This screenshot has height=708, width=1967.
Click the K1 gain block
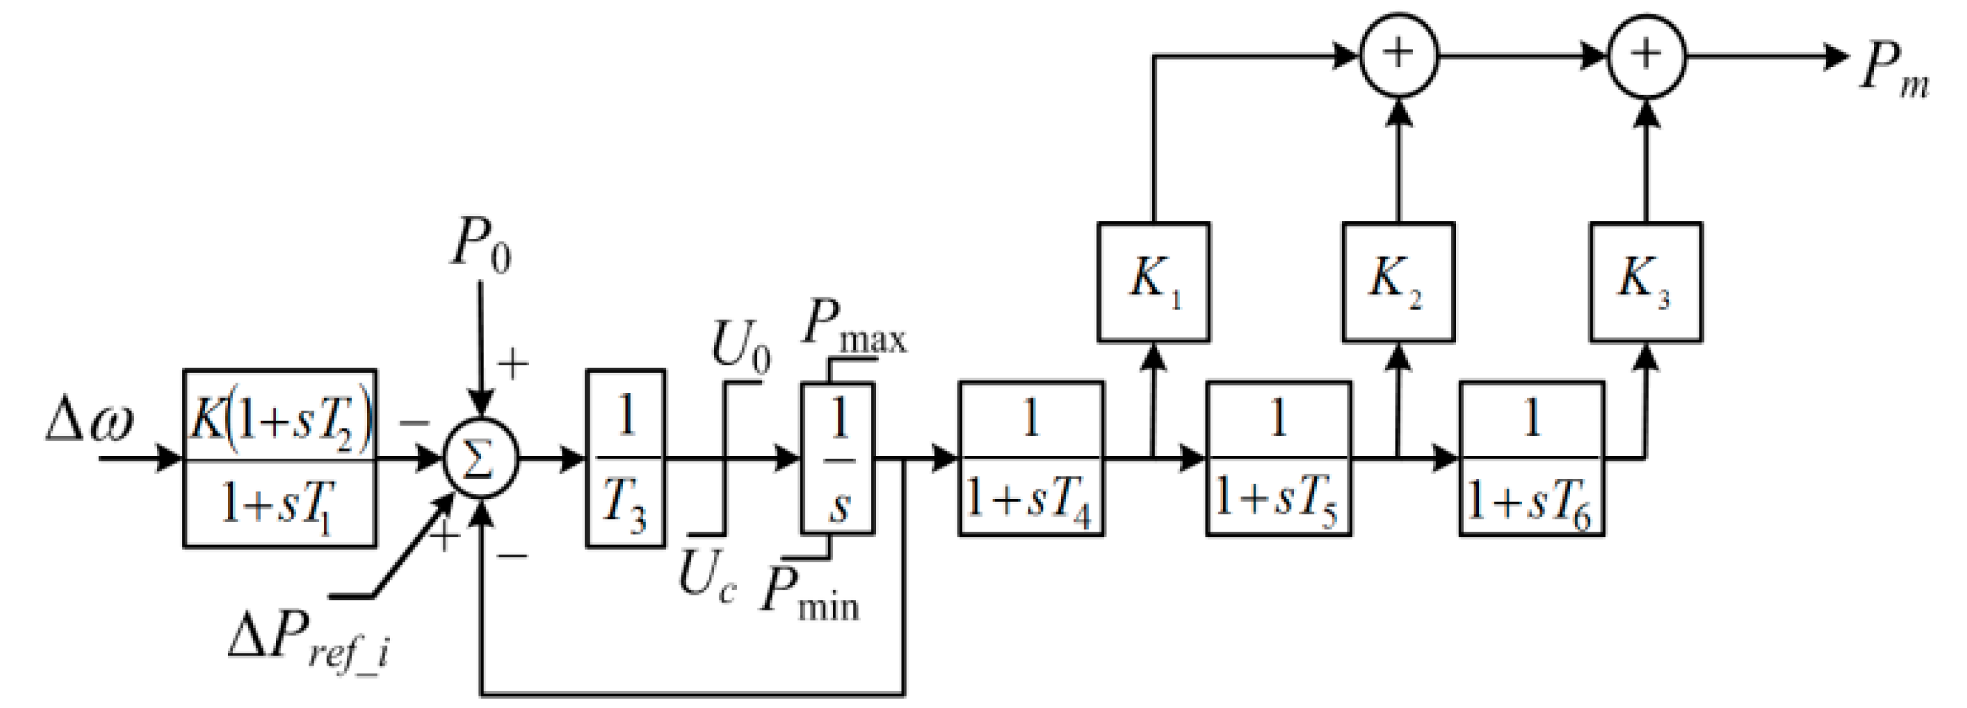[1153, 282]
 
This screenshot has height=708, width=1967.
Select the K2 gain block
[1398, 282]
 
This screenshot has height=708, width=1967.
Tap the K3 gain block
[1645, 282]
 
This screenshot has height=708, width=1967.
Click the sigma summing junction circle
[481, 459]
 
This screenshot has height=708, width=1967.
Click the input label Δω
[89, 424]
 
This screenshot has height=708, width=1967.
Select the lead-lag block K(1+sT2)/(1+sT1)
[279, 458]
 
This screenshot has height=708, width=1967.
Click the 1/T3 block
[626, 458]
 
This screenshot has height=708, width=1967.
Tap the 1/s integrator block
[838, 458]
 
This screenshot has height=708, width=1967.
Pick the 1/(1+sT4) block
[1031, 458]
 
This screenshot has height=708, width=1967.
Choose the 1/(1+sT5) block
[1278, 458]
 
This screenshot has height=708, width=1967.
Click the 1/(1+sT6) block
[1531, 458]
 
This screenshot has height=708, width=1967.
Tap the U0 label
[739, 347]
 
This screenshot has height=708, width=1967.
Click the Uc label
[707, 577]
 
